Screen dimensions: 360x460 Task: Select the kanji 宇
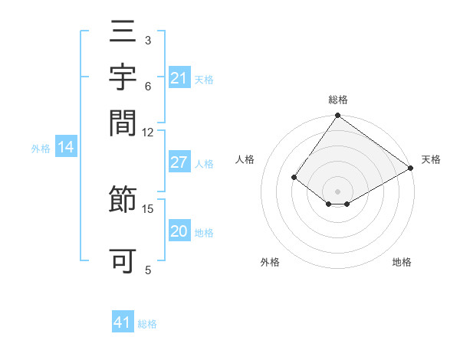coord(123,77)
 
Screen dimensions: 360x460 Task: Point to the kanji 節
coord(123,201)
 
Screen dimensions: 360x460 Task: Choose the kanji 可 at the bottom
coord(123,261)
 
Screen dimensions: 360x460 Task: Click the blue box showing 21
coord(179,78)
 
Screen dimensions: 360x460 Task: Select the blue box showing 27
coord(179,162)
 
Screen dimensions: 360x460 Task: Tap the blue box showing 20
coord(179,231)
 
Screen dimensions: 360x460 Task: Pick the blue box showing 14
coord(66,148)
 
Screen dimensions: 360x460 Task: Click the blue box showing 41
coord(123,322)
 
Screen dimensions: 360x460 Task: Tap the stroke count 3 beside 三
coord(147,40)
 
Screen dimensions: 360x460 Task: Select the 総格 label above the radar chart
coord(338,100)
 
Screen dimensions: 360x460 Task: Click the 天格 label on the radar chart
coord(431,159)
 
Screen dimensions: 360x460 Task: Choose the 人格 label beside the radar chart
coord(245,159)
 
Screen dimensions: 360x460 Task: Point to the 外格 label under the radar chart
coord(270,262)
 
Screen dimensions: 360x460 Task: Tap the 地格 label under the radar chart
coord(402,262)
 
